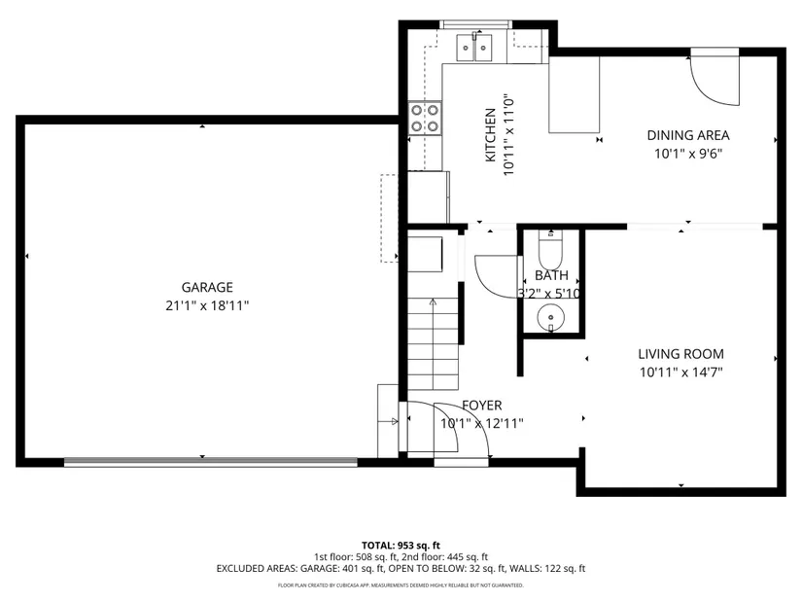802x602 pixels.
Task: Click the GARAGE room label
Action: click(x=207, y=287)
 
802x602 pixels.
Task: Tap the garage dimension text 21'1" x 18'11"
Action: click(x=207, y=305)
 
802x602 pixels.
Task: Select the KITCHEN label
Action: click(x=490, y=135)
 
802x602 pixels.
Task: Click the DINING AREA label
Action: click(x=688, y=135)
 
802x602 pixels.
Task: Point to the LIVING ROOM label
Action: click(x=680, y=354)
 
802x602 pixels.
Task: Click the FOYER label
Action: click(x=482, y=406)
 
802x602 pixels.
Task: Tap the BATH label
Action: click(x=551, y=275)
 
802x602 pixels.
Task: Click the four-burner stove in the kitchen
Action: click(x=425, y=119)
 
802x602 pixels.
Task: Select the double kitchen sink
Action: click(x=474, y=48)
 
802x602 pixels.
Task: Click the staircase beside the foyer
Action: click(x=433, y=344)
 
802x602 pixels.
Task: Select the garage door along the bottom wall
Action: click(x=211, y=462)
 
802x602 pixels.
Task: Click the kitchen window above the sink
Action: click(x=476, y=24)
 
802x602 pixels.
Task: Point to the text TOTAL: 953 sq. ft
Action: click(x=401, y=546)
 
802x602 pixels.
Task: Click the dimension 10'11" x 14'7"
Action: click(x=680, y=372)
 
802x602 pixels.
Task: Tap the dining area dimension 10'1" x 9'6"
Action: click(x=688, y=154)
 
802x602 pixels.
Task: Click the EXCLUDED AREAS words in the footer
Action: click(x=257, y=568)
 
